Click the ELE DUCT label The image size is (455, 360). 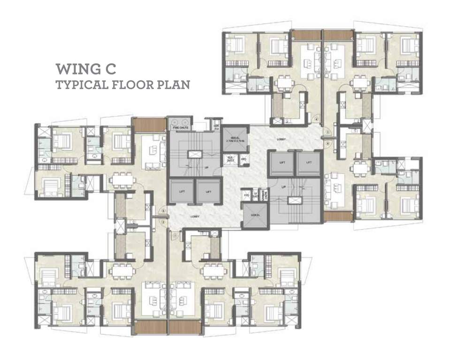point(231,158)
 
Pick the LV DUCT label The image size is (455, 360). point(256,194)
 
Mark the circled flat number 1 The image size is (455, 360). point(174,235)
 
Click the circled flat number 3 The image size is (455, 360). point(163,210)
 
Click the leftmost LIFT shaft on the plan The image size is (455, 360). point(182,192)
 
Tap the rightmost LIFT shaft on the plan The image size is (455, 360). point(309,163)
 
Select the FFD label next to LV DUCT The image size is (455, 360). point(247,194)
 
